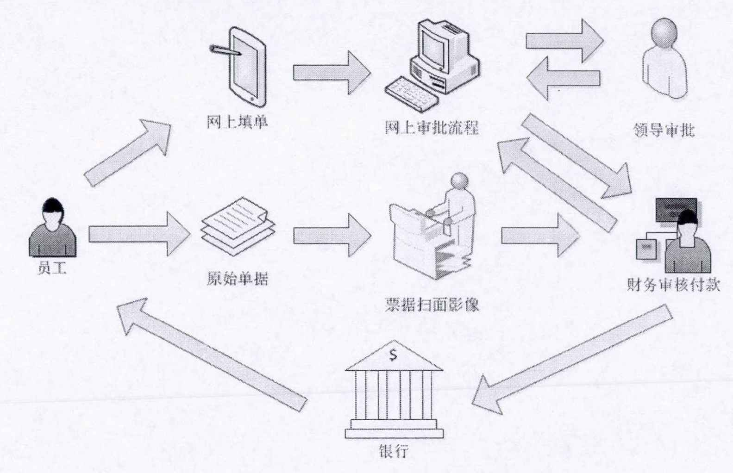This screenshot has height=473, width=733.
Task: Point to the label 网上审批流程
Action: (432, 127)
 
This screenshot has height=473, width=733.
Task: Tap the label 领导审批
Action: (664, 131)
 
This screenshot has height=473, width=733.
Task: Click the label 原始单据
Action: (237, 279)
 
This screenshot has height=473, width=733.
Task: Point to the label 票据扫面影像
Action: (432, 305)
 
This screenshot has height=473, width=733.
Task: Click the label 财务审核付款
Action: (673, 284)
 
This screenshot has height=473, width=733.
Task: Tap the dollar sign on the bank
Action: (394, 355)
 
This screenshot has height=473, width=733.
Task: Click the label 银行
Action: (394, 450)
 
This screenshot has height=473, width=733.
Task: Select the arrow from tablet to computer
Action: (332, 73)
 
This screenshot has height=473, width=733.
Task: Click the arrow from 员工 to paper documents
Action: (139, 234)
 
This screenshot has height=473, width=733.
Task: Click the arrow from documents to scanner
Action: (332, 235)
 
